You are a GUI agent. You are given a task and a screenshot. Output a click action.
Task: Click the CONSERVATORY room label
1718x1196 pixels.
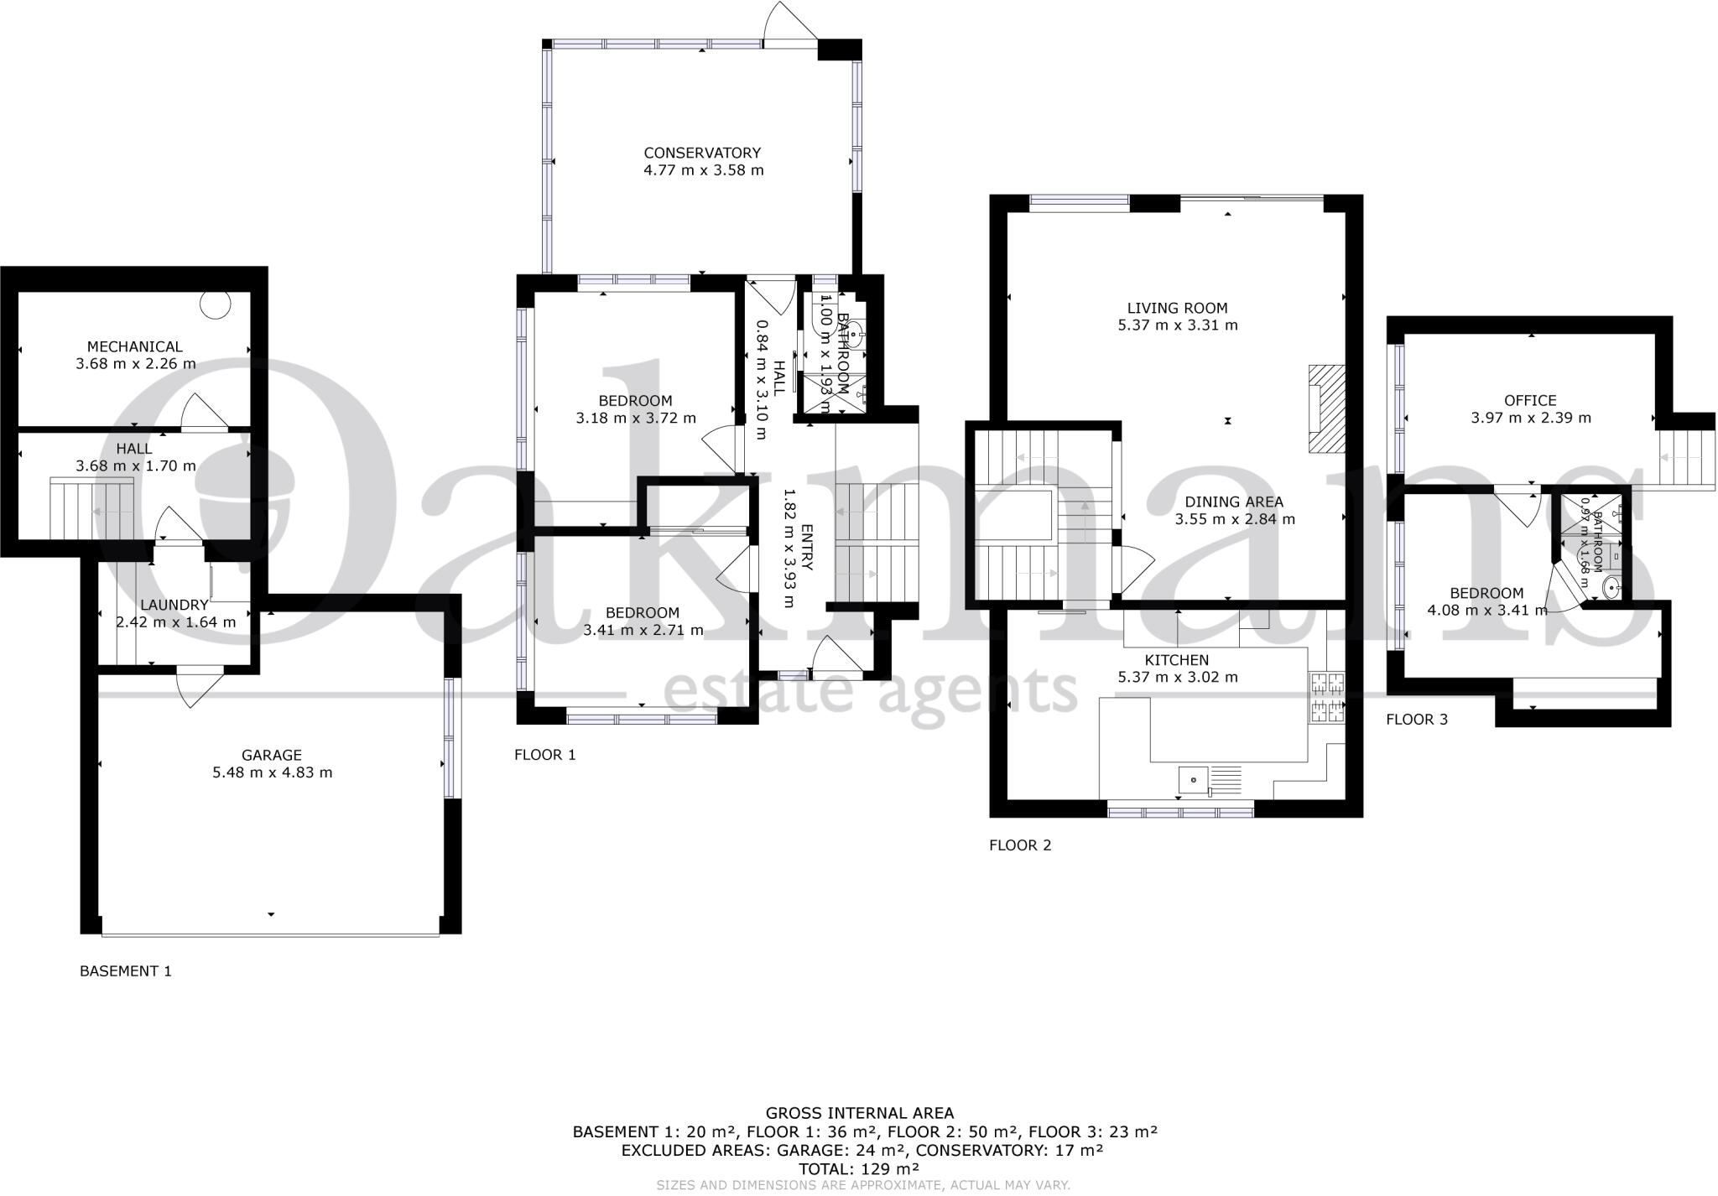click(x=702, y=153)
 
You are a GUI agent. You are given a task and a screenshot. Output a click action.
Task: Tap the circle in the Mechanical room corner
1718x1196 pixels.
click(x=216, y=305)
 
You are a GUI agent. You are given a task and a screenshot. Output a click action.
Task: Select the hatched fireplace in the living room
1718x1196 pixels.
click(x=1326, y=409)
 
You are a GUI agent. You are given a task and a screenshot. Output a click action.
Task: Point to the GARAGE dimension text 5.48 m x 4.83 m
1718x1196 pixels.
click(x=273, y=772)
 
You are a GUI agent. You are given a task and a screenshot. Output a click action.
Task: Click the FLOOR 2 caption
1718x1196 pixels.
click(x=1019, y=845)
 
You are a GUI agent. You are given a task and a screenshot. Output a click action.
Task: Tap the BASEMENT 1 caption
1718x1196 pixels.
click(x=126, y=971)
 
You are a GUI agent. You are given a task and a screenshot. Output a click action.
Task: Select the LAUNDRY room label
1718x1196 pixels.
click(x=174, y=605)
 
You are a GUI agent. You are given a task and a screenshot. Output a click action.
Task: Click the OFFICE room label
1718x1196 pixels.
click(x=1530, y=401)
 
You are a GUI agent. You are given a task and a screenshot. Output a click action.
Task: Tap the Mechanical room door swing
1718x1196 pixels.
click(x=202, y=413)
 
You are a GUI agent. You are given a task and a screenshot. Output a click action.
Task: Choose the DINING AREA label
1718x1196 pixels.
click(x=1234, y=502)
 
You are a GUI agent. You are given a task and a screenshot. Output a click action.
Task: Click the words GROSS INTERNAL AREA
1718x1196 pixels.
click(x=860, y=1114)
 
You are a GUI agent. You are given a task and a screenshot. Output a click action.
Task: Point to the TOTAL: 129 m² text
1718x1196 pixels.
click(x=860, y=1168)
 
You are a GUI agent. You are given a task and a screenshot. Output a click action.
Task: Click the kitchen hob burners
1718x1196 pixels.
click(x=1325, y=698)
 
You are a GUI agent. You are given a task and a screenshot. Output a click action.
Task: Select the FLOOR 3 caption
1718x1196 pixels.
click(x=1417, y=720)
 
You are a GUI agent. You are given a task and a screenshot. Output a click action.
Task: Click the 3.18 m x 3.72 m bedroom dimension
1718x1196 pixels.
click(x=636, y=418)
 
